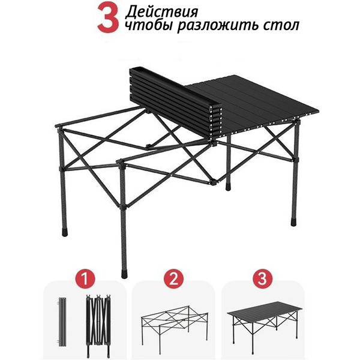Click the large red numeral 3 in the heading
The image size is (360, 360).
pyautogui.click(x=108, y=17)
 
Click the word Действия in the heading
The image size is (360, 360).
pyautogui.click(x=161, y=12)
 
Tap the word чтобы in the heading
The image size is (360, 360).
pyautogui.click(x=149, y=25)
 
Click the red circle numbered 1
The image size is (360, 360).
pyautogui.click(x=85, y=279)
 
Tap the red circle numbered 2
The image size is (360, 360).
pyautogui.click(x=173, y=279)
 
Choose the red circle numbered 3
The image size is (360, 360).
pyautogui.click(x=262, y=279)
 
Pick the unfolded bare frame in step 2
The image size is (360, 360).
pyautogui.click(x=175, y=325)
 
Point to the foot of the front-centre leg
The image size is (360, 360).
pyautogui.click(x=124, y=274)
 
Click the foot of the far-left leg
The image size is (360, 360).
pyautogui.click(x=65, y=232)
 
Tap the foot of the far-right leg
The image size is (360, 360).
pyautogui.click(x=293, y=222)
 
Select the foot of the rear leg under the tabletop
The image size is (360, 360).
pyautogui.click(x=228, y=187)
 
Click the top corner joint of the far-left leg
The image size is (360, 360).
pyautogui.click(x=59, y=127)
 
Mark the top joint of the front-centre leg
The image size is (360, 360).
pyautogui.click(x=121, y=163)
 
